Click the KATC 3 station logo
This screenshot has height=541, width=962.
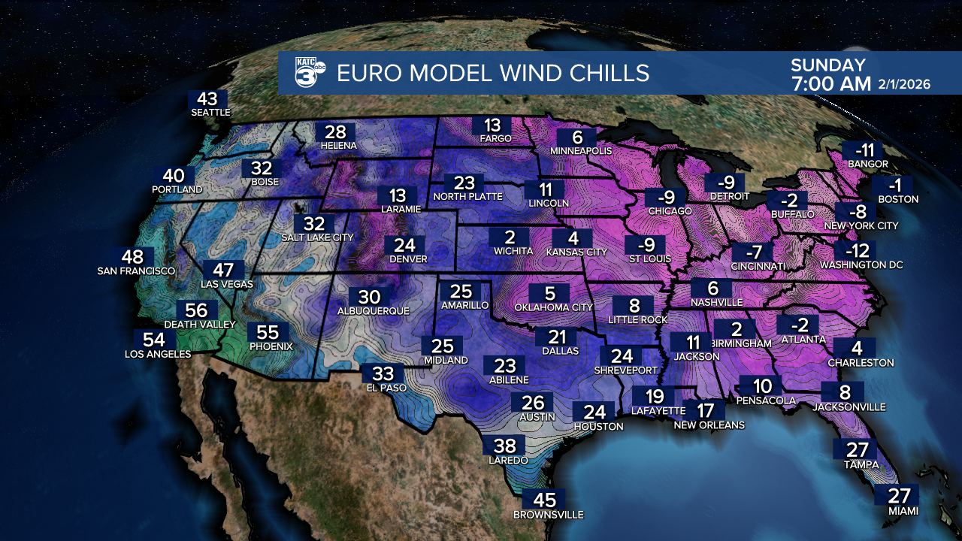pyautogui.click(x=310, y=73)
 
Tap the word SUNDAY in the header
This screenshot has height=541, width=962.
pyautogui.click(x=827, y=65)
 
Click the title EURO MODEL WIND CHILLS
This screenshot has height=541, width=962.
pyautogui.click(x=492, y=73)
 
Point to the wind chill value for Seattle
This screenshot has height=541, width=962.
pyautogui.click(x=207, y=99)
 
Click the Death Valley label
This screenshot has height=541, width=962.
pyautogui.click(x=196, y=325)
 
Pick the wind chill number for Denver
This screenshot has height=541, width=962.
pyautogui.click(x=404, y=245)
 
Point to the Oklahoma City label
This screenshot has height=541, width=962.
pyautogui.click(x=554, y=307)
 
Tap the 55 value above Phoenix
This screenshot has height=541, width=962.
pyautogui.click(x=268, y=332)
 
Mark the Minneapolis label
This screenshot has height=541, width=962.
pyautogui.click(x=581, y=151)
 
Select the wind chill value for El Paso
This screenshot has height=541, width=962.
pyautogui.click(x=383, y=373)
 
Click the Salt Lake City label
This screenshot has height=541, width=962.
pyautogui.click(x=317, y=237)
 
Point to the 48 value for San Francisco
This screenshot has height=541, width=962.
pyautogui.click(x=132, y=256)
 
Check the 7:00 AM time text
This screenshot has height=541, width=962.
pyautogui.click(x=830, y=83)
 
